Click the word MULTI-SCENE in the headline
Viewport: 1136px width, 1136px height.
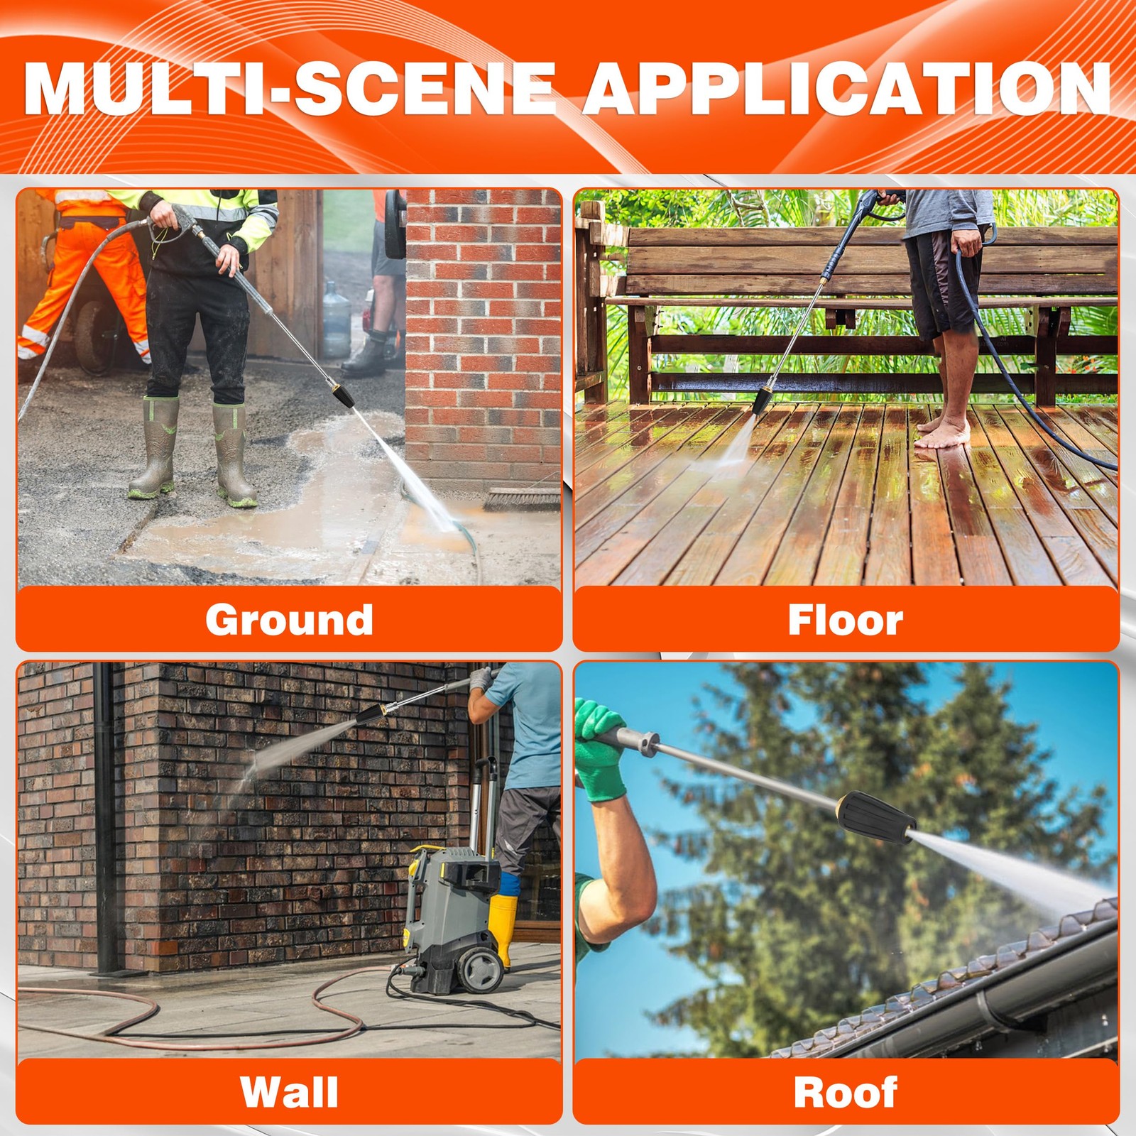(289, 89)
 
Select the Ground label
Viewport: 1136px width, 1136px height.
(289, 620)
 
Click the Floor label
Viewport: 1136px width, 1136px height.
(846, 620)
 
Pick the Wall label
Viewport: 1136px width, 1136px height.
(289, 1092)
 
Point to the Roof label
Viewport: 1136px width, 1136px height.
(846, 1092)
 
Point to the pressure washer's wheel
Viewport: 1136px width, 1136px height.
(481, 969)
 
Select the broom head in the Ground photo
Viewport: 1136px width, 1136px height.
(522, 499)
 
